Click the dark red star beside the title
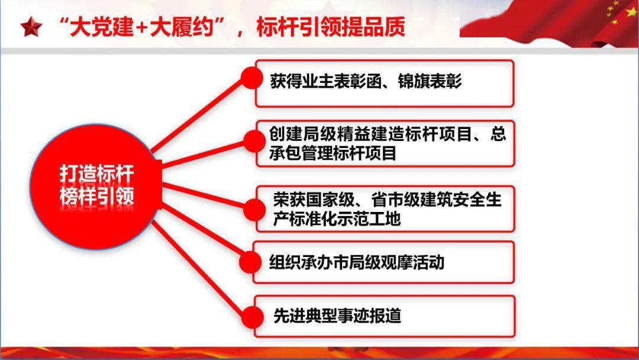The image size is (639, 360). (x=31, y=27)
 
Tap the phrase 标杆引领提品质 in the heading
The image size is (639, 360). (x=331, y=27)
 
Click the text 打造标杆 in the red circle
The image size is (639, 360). (x=96, y=174)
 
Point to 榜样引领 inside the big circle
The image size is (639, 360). (x=96, y=197)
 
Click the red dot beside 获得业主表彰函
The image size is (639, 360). (x=252, y=78)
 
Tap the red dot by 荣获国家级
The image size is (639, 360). (x=254, y=210)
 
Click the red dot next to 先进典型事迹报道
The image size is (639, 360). (x=253, y=317)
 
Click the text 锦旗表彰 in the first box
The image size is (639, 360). (x=430, y=81)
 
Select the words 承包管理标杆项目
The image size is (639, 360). (x=333, y=154)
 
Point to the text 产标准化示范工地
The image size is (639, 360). (x=337, y=219)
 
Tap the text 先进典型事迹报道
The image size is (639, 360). (x=337, y=316)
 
